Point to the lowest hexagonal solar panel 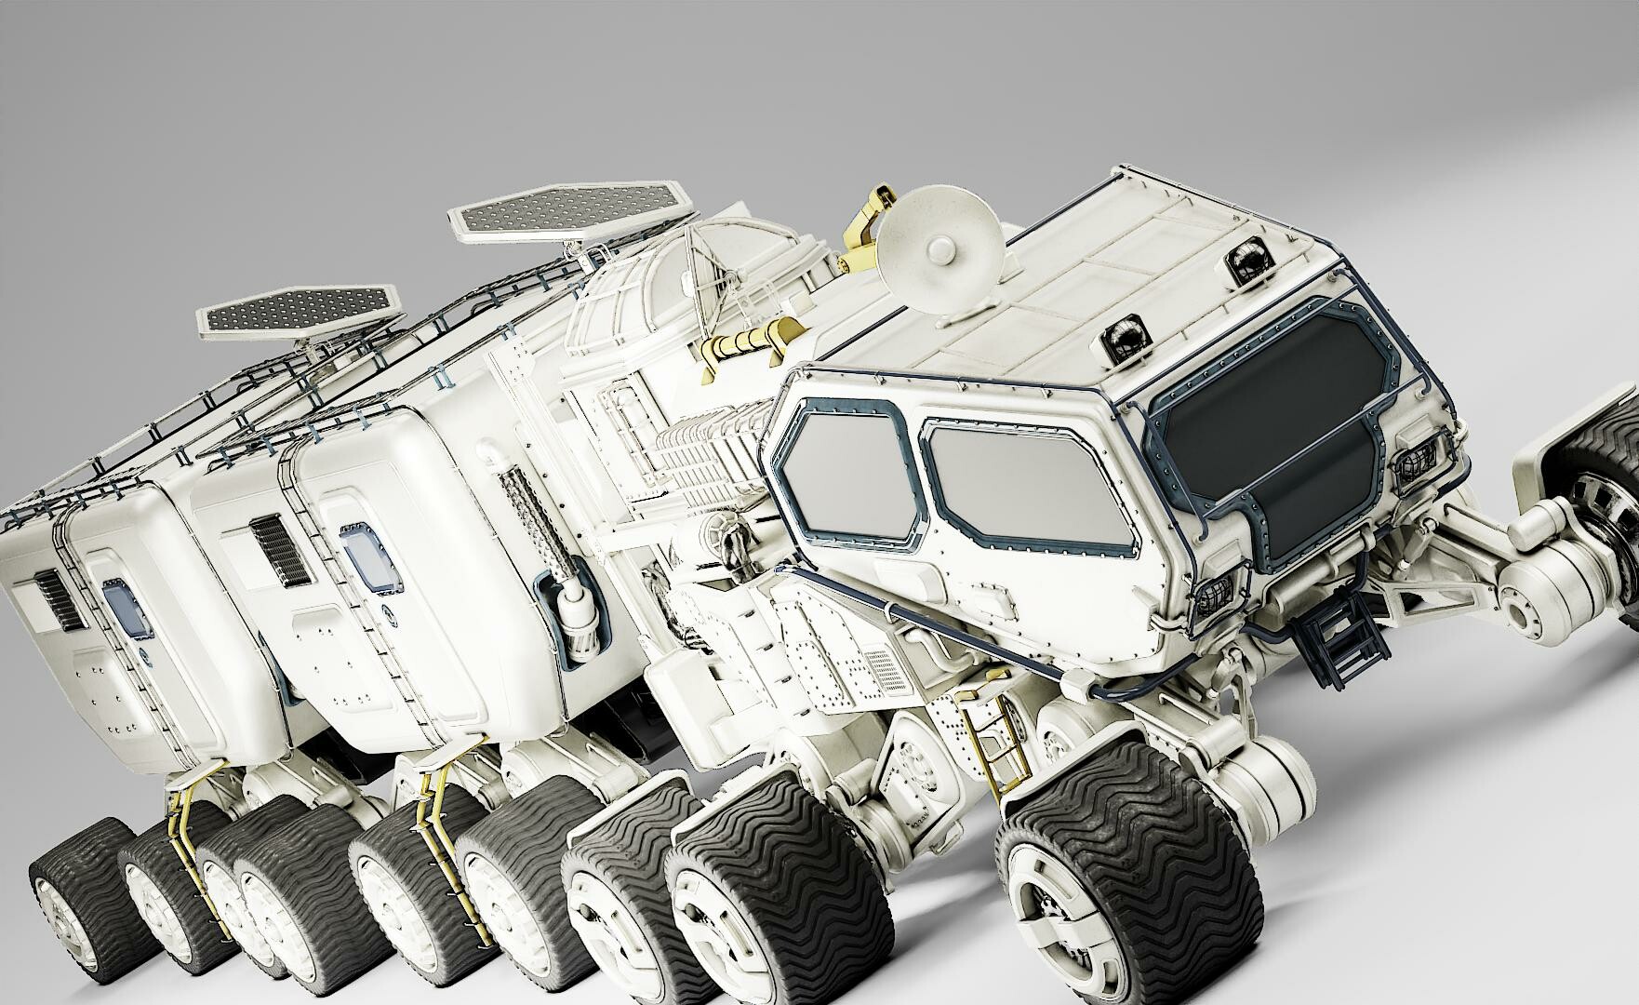(x=300, y=310)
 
